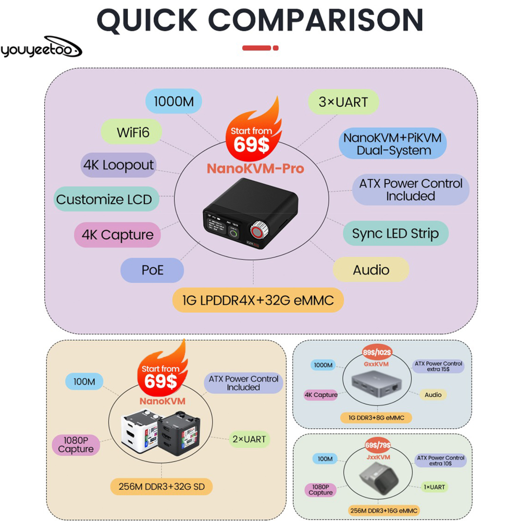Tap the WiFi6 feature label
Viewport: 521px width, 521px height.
pyautogui.click(x=133, y=132)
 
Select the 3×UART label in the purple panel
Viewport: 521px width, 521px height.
pyautogui.click(x=343, y=102)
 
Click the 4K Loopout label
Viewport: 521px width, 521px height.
pyautogui.click(x=118, y=165)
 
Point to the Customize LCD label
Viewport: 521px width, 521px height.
pyautogui.click(x=104, y=199)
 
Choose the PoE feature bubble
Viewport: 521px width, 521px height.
pyautogui.click(x=152, y=270)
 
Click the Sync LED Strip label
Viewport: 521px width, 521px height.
pyautogui.click(x=395, y=233)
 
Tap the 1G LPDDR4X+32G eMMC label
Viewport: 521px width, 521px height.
pyautogui.click(x=258, y=300)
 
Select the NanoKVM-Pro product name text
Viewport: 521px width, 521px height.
pyautogui.click(x=255, y=168)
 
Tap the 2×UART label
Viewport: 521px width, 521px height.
pyautogui.click(x=250, y=439)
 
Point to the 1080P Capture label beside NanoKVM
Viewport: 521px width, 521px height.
pyautogui.click(x=76, y=445)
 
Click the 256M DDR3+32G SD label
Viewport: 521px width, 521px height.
pyautogui.click(x=162, y=487)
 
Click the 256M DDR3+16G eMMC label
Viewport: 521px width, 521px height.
pyautogui.click(x=383, y=511)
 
